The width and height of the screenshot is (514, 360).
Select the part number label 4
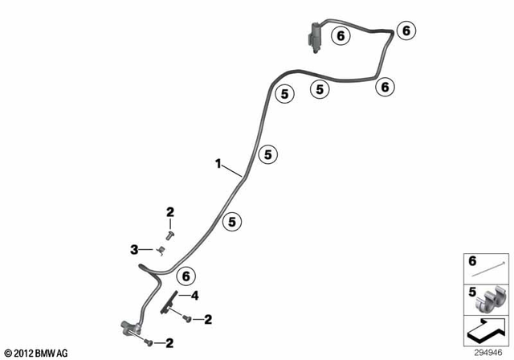click(194, 295)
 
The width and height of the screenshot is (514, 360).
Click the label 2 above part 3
click(170, 212)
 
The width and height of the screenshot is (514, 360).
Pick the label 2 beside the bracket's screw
click(208, 320)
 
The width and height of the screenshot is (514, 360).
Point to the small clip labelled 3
click(161, 250)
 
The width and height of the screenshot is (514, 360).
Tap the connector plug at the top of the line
click(314, 37)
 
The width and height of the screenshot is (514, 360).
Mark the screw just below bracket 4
click(186, 320)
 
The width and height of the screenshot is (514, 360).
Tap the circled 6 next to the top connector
click(340, 35)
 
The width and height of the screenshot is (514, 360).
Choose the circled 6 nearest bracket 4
click(186, 275)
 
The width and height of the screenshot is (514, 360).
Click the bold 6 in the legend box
click(472, 262)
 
